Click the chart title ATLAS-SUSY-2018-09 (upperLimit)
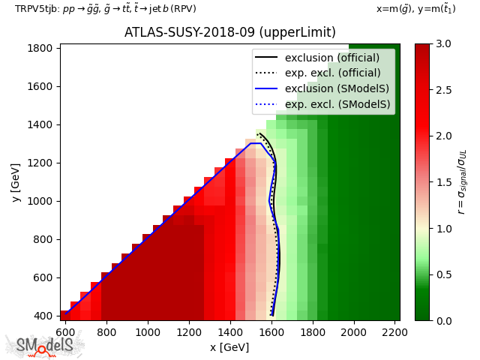pos(229,33)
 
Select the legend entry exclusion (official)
pos(332,58)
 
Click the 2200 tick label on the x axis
pos(394,330)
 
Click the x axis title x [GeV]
pos(229,347)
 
